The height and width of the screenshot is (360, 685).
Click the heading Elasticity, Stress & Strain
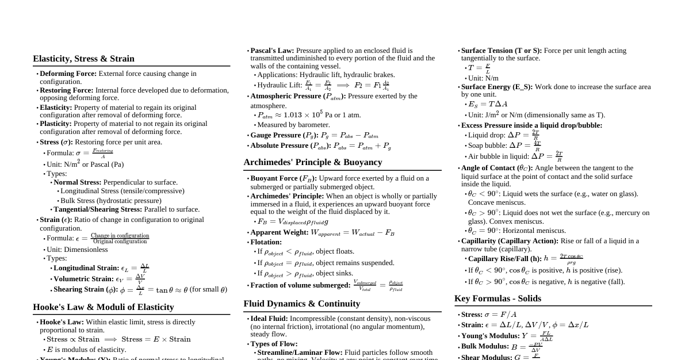pyautogui.click(x=83, y=59)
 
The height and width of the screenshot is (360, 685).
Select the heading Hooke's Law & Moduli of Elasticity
pyautogui.click(x=104, y=307)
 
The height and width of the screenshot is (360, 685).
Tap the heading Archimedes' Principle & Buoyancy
pyautogui.click(x=313, y=162)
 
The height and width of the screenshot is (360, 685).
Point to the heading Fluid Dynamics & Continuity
pyautogui.click(x=301, y=304)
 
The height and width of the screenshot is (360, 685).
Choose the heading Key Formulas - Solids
pyautogui.click(x=498, y=298)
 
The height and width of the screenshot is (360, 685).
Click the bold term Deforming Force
pyautogui.click(x=68, y=74)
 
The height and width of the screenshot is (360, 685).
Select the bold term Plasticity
pyautogui.click(x=55, y=124)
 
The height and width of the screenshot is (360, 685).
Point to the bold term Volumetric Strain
pyautogui.click(x=83, y=279)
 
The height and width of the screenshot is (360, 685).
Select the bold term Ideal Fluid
pyautogui.click(x=269, y=319)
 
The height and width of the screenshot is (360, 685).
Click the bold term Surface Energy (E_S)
pyautogui.click(x=497, y=87)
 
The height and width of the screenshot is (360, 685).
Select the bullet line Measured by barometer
pyautogui.click(x=293, y=125)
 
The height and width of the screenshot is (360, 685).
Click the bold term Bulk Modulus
pyautogui.click(x=485, y=347)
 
